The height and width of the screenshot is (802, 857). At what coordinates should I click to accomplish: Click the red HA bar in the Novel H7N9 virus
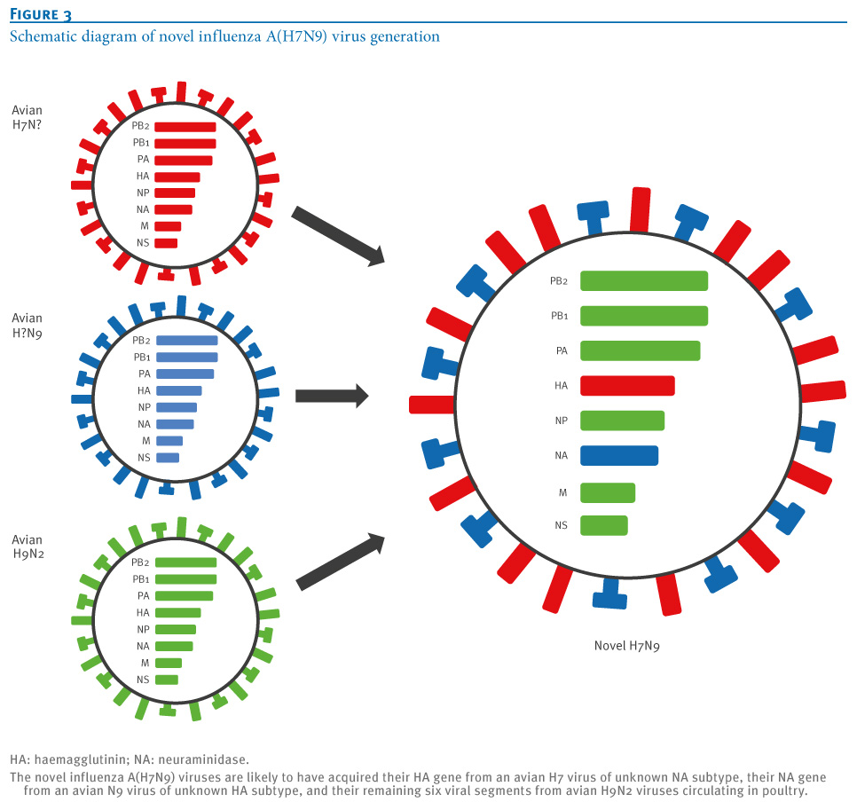click(x=627, y=385)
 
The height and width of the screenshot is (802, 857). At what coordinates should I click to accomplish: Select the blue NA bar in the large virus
click(x=619, y=455)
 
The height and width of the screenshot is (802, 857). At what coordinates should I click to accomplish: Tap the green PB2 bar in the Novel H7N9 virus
click(x=644, y=280)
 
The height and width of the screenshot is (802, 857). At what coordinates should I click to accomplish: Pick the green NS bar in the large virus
click(x=604, y=525)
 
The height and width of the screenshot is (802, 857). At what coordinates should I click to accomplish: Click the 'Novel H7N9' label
click(x=627, y=646)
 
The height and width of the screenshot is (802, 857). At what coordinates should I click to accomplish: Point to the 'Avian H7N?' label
click(x=27, y=117)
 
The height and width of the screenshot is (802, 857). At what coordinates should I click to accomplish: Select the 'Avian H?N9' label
click(x=27, y=326)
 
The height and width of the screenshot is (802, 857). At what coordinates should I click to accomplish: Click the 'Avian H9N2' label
click(x=28, y=546)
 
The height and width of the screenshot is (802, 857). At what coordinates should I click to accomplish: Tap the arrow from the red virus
click(x=338, y=236)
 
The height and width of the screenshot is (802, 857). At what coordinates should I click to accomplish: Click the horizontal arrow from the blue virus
click(x=332, y=396)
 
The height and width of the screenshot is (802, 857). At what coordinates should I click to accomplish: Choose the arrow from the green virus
click(x=341, y=562)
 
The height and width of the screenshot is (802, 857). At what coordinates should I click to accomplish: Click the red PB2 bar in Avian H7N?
click(x=185, y=127)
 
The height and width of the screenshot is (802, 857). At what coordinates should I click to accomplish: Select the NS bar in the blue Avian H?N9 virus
click(x=168, y=458)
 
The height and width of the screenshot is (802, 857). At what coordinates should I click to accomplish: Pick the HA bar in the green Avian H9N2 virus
click(x=178, y=613)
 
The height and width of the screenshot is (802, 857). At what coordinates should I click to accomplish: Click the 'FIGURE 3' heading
click(x=41, y=14)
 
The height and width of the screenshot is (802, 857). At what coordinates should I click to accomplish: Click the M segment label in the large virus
click(x=563, y=492)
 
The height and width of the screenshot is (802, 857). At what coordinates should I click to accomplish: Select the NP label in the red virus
click(x=143, y=193)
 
